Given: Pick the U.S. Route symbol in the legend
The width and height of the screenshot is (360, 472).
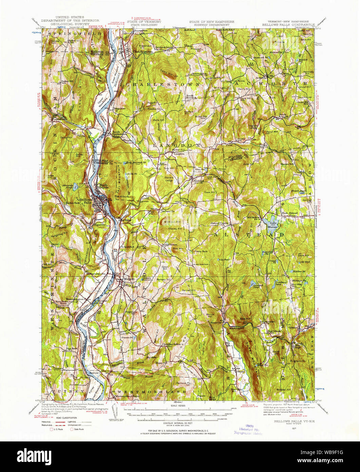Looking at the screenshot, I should point(52,429).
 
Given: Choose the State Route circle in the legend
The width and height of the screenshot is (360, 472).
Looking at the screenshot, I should point(72,429).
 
